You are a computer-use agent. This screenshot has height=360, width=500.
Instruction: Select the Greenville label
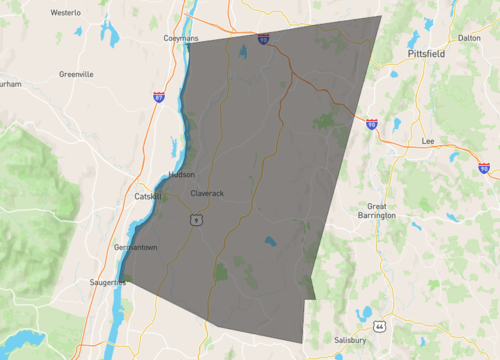76,74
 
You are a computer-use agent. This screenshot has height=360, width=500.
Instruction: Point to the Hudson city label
182,174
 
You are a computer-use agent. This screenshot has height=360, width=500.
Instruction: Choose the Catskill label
149,197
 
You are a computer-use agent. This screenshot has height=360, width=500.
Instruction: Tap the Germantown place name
136,247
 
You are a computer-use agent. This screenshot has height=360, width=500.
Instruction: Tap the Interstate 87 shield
159,96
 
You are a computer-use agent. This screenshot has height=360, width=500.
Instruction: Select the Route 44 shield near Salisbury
380,326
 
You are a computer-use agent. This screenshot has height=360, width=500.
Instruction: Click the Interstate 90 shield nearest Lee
483,169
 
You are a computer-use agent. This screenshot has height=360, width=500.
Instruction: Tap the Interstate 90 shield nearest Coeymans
263,40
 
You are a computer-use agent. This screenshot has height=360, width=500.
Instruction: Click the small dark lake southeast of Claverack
270,241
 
